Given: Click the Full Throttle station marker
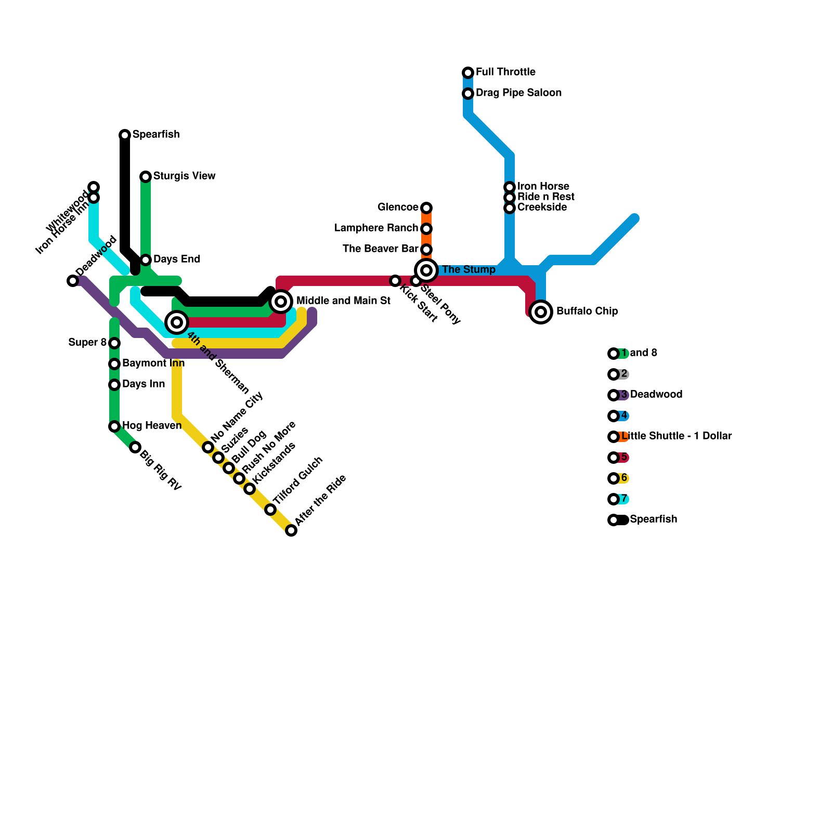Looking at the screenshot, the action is click(468, 73).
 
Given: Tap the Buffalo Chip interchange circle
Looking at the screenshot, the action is click(541, 312).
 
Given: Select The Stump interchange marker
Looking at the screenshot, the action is click(426, 270).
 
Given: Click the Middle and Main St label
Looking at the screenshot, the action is click(343, 301).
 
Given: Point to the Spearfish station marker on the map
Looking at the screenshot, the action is click(125, 135).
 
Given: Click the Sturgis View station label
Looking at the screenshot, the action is click(184, 176).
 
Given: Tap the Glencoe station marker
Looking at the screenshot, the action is click(426, 208).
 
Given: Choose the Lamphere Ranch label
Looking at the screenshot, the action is click(376, 228).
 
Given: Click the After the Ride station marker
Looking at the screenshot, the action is click(291, 530).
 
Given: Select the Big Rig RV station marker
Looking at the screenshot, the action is click(135, 447).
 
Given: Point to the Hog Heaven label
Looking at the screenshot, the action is click(152, 426).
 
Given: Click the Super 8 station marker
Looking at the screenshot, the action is click(114, 343).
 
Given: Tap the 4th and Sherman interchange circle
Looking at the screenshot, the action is click(177, 322).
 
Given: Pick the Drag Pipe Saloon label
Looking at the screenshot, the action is click(518, 93).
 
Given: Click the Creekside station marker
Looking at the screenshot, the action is click(510, 208).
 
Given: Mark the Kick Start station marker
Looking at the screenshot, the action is click(395, 281).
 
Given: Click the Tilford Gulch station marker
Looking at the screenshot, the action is click(270, 510).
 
